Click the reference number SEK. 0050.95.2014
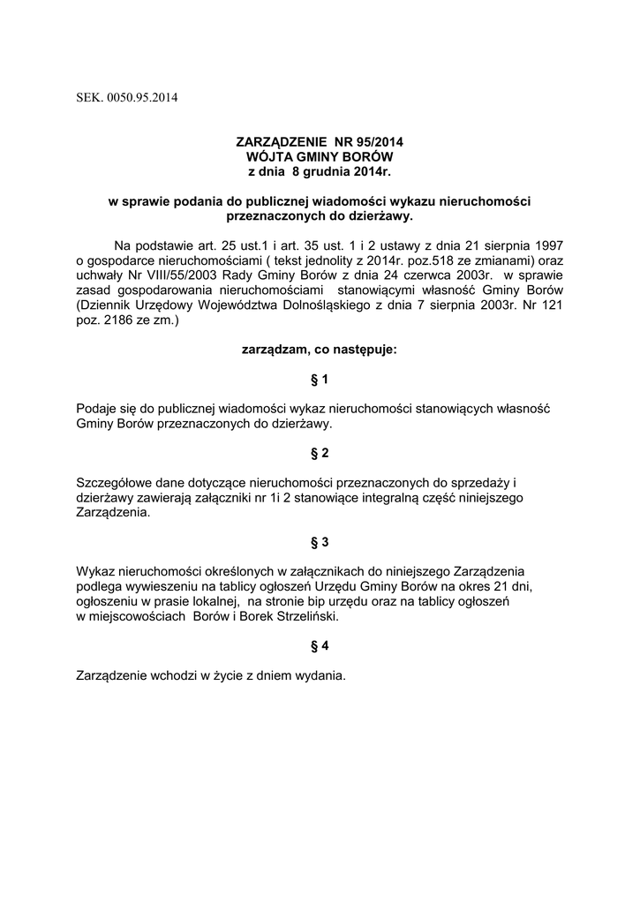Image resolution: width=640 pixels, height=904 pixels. tap(127, 98)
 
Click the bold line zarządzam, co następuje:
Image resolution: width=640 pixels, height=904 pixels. tap(320, 350)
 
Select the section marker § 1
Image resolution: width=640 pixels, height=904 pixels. tap(320, 380)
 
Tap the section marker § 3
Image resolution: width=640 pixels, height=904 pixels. tap(320, 540)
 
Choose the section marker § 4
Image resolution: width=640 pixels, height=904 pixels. tap(320, 646)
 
